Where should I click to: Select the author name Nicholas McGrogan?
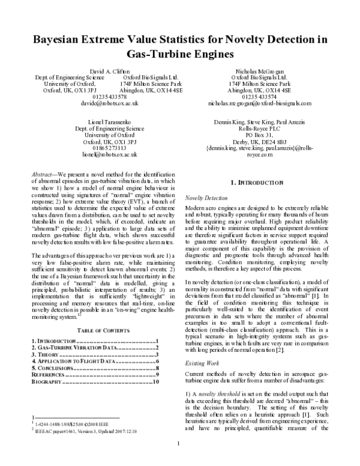tap(259, 71)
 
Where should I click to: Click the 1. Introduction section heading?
tap(257, 182)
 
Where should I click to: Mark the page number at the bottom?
tap(179, 444)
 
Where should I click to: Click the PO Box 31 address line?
tap(259, 137)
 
